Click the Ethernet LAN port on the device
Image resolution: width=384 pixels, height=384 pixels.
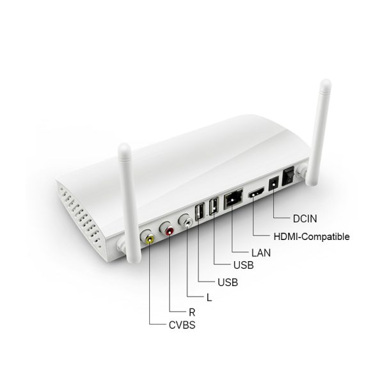(234, 198)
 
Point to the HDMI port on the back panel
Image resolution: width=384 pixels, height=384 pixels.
(257, 192)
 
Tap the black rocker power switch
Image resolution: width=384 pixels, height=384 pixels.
(289, 177)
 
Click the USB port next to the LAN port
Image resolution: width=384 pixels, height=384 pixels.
(214, 206)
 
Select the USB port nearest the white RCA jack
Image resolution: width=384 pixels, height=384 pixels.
(200, 212)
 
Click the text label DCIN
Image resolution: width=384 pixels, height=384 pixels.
(305, 219)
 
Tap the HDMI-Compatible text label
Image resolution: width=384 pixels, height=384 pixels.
(312, 237)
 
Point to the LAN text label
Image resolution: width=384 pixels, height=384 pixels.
(261, 253)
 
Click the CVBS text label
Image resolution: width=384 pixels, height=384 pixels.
(182, 325)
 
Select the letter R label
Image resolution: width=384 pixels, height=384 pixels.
(192, 312)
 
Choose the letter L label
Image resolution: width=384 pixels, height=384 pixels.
(209, 298)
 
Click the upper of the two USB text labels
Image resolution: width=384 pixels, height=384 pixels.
(243, 265)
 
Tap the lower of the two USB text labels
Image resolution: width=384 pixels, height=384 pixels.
(228, 282)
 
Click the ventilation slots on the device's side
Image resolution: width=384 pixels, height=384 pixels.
(81, 216)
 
